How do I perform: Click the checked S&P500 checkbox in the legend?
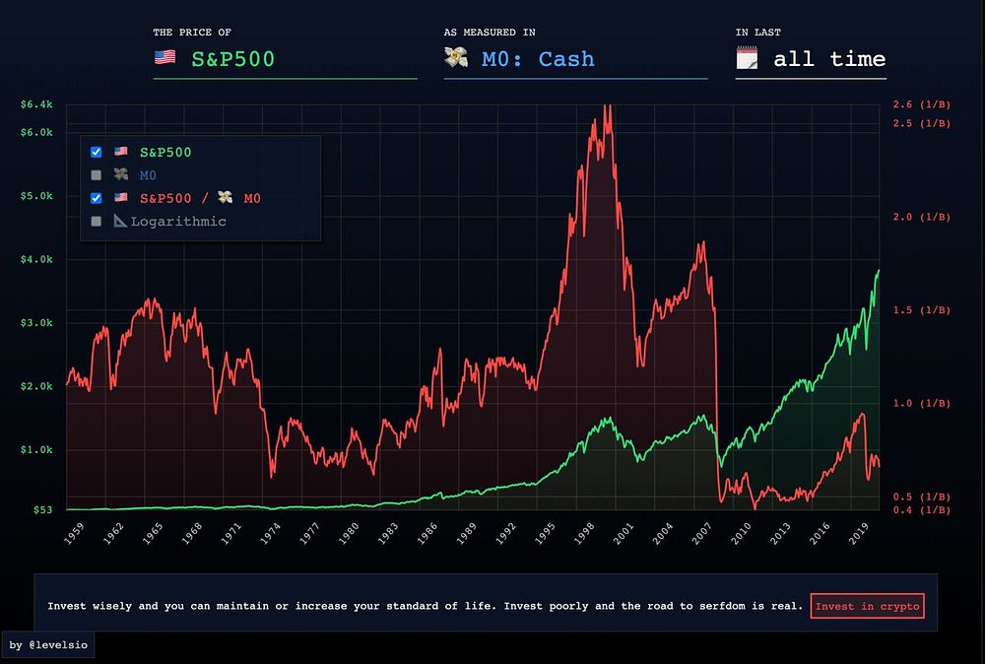pyautogui.click(x=96, y=152)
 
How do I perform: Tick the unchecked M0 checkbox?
pyautogui.click(x=96, y=175)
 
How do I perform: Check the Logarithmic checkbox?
pyautogui.click(x=96, y=222)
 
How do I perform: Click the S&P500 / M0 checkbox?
pyautogui.click(x=96, y=198)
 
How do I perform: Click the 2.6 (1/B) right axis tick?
pyautogui.click(x=921, y=104)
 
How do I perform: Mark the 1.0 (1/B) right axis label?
pyautogui.click(x=921, y=403)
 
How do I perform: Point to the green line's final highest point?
pyautogui.click(x=879, y=270)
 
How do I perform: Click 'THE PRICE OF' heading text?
pyautogui.click(x=192, y=33)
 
